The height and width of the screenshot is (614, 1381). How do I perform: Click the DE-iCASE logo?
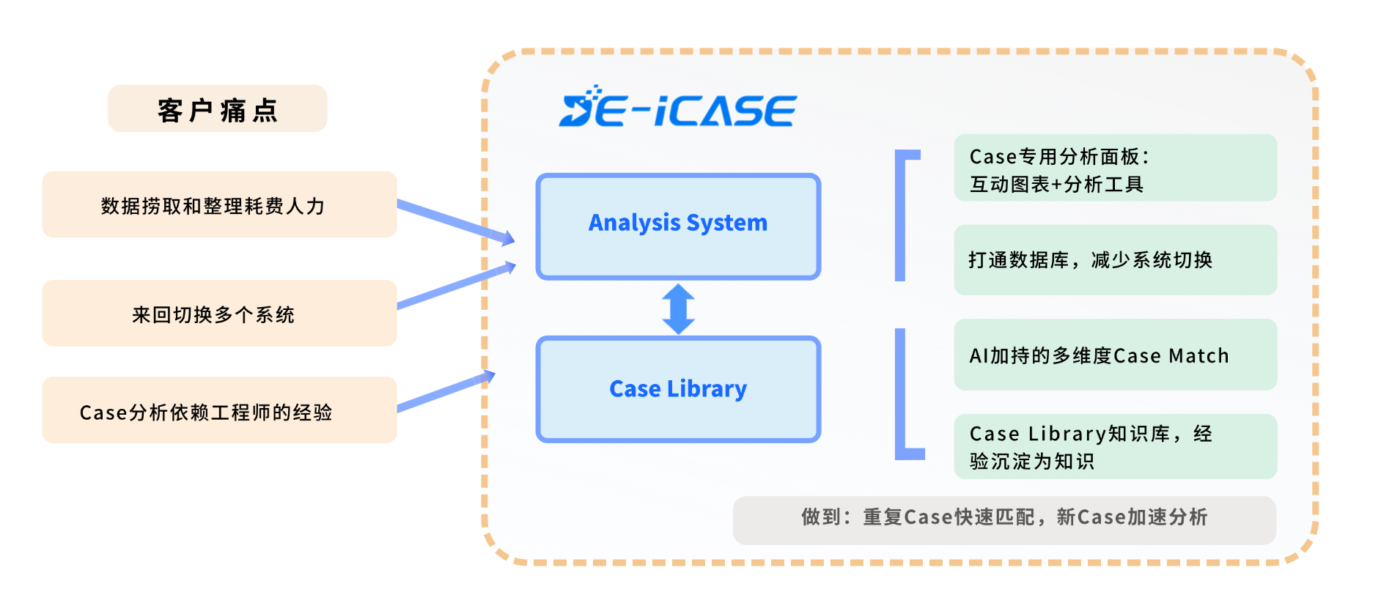point(677,108)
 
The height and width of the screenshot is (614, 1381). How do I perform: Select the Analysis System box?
point(678,226)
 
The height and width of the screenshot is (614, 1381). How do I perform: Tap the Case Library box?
point(678,389)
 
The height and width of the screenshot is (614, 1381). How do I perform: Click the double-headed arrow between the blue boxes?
point(679,308)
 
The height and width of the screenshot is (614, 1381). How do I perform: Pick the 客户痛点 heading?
point(217,109)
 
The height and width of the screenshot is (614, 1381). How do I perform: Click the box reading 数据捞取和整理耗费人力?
point(219,205)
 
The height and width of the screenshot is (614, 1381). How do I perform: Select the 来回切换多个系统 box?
point(219,314)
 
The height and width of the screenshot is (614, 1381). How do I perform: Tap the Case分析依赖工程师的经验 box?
point(219,411)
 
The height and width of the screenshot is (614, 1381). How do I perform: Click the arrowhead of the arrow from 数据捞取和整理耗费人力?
point(507,238)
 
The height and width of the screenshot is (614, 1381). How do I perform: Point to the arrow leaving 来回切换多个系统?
point(454,286)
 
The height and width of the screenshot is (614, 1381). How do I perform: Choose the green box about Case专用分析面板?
point(1115,169)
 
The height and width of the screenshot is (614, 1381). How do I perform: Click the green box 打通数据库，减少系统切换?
point(1115,260)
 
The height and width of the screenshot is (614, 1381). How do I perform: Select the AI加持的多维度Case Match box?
point(1115,355)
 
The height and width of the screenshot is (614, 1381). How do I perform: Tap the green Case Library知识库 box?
point(1115,447)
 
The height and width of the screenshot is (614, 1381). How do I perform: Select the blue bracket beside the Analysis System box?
point(902,215)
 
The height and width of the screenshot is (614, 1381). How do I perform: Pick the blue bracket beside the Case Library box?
point(902,396)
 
